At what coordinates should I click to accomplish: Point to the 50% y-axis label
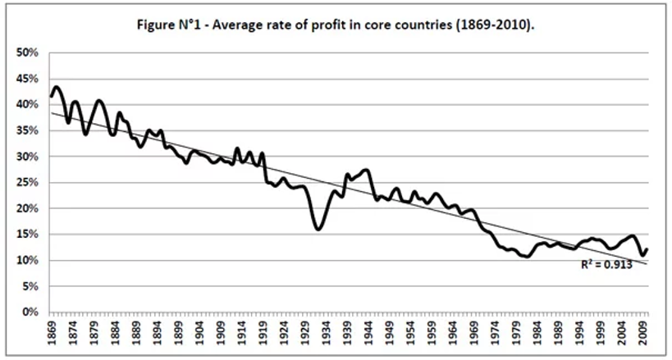coord(29,52)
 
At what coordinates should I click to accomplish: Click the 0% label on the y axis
coord(31,312)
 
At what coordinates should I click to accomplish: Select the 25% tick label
coord(29,183)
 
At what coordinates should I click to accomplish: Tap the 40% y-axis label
coord(29,105)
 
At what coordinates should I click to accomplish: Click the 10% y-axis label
coord(29,261)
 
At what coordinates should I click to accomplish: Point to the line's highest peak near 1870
coord(56,87)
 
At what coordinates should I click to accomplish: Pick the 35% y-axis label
coord(29,130)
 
